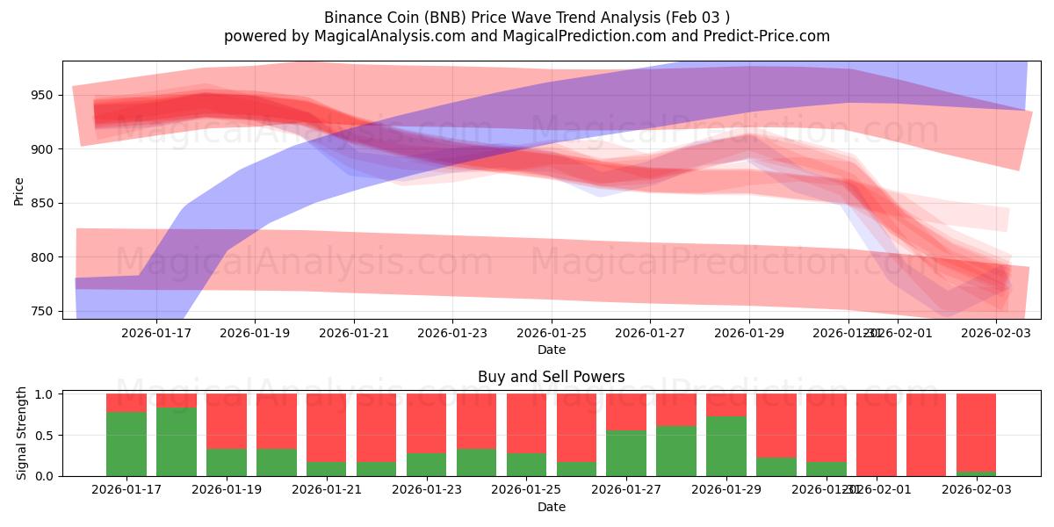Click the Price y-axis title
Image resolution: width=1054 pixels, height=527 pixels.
coord(19,191)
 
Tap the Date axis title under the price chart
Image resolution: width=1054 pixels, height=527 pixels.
coord(552,350)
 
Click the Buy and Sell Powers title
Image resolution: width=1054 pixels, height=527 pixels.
coord(552,377)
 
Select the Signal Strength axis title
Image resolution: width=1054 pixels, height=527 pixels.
coord(22,435)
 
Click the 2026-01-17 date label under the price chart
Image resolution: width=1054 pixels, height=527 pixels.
coord(156,333)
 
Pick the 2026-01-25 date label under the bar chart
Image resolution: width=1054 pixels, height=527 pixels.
coord(526,490)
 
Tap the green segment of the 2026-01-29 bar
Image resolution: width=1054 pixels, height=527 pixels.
coord(726,446)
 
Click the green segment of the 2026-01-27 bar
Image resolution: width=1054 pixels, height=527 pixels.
coord(626,453)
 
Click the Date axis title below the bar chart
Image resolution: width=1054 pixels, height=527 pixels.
coord(552,507)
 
